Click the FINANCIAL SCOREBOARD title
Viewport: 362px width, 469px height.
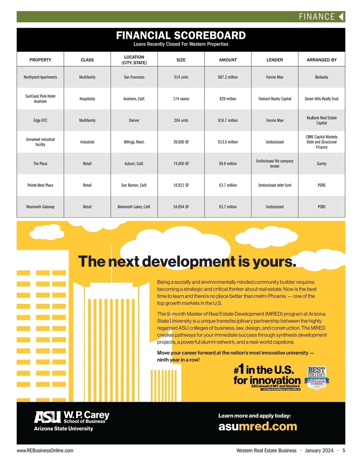(181, 36)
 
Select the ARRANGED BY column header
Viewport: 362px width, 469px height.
(322, 60)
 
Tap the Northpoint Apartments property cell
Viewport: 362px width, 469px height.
(40, 77)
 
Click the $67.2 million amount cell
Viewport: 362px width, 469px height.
(228, 77)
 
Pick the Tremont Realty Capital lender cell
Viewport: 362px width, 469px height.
(275, 99)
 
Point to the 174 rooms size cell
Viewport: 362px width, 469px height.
(181, 99)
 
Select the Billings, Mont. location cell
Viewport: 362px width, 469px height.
(134, 142)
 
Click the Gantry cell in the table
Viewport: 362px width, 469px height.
(322, 163)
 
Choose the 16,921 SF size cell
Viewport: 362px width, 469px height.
(181, 185)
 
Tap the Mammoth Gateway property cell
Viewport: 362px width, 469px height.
(40, 207)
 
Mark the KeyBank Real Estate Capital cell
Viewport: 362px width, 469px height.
(322, 120)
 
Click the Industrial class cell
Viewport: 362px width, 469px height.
(87, 142)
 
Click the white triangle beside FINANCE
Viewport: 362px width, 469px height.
(341, 17)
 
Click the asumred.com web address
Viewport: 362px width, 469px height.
(258, 426)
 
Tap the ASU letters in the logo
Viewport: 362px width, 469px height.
(48, 417)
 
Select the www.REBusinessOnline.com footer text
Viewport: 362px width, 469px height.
(45, 450)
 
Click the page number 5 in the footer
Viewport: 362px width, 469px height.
(344, 450)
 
